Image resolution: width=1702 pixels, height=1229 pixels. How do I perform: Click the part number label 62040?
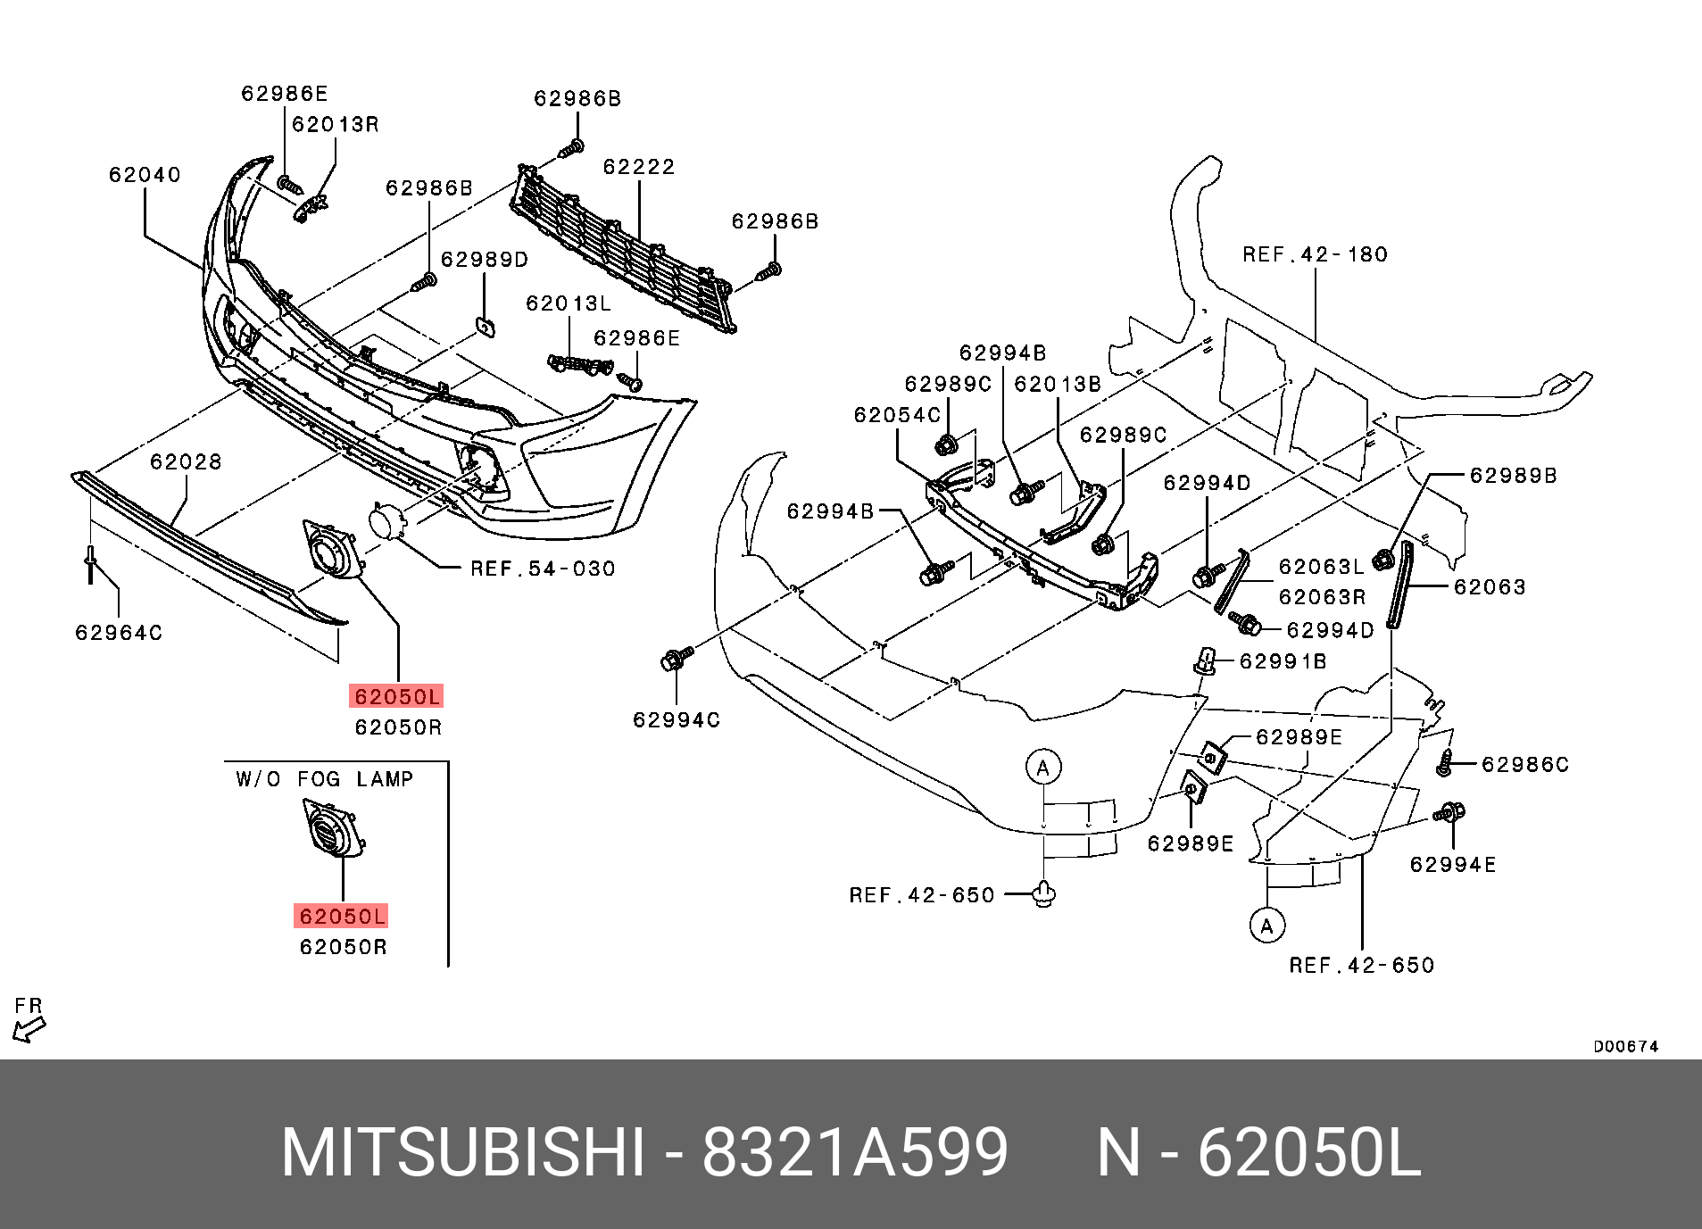[145, 175]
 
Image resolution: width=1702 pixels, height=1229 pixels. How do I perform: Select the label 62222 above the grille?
[638, 167]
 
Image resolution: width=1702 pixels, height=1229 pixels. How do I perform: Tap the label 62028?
[186, 461]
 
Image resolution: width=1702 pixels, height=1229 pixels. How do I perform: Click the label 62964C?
[119, 633]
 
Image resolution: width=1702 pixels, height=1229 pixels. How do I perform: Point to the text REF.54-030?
[543, 569]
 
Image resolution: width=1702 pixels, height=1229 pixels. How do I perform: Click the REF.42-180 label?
[1315, 254]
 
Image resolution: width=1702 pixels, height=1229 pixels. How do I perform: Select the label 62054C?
[897, 415]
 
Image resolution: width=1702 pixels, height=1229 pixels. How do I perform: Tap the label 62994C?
[677, 720]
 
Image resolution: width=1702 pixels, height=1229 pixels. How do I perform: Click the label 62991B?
[1283, 661]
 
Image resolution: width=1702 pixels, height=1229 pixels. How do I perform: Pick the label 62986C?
[1524, 765]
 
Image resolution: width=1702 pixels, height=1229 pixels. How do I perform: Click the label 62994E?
[1453, 865]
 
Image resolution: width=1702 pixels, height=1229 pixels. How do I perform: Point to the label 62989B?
[1513, 476]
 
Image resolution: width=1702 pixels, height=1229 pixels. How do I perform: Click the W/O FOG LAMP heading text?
[325, 779]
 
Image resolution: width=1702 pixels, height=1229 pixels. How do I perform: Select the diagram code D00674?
[1625, 1047]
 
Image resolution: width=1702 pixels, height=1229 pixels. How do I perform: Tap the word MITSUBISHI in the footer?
[462, 1152]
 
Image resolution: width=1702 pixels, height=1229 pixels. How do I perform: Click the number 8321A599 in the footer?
[854, 1152]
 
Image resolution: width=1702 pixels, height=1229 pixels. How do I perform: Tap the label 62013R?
[336, 125]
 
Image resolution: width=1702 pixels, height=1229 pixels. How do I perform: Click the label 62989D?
[485, 260]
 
